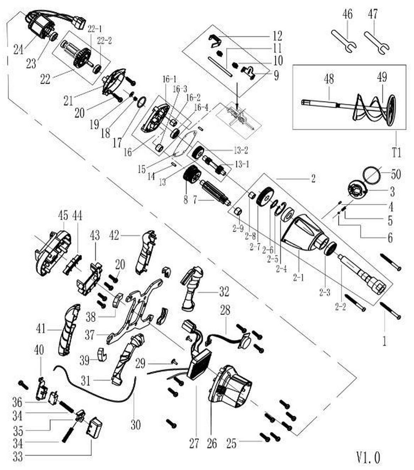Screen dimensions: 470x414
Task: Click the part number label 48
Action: tap(329, 79)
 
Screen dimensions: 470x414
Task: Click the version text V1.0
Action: tap(368, 457)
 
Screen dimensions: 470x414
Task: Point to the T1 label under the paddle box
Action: tap(397, 153)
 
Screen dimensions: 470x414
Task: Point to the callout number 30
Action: tap(136, 424)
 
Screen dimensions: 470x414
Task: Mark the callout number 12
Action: tap(277, 36)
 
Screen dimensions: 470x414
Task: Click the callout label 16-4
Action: tap(202, 107)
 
